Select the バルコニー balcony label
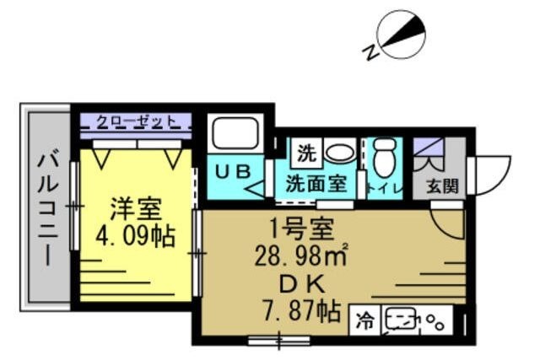coord(48,207)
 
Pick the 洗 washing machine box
coord(305,153)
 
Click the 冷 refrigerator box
coord(364,320)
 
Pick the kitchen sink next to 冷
coord(402,320)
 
